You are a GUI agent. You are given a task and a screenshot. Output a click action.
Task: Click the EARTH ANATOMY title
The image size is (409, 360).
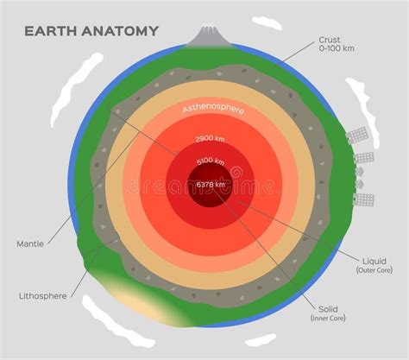click(x=91, y=31)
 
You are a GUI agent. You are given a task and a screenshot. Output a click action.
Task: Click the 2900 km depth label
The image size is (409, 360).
click(x=211, y=139)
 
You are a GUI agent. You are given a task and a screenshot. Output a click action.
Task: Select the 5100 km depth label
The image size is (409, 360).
click(x=211, y=161)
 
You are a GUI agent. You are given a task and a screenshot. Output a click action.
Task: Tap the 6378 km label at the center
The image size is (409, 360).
click(x=211, y=184)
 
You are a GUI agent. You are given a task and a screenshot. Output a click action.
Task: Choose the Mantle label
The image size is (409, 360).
click(x=30, y=244)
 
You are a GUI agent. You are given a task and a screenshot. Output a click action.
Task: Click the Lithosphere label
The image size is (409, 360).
click(x=42, y=295)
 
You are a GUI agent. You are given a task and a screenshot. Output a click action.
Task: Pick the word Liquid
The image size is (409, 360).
click(x=374, y=259)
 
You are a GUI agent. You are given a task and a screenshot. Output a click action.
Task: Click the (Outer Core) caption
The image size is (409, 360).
click(x=374, y=270)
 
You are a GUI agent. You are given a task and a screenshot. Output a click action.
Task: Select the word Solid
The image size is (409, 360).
click(x=328, y=308)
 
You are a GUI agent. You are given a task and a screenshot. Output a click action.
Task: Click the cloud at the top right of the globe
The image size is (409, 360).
click(x=267, y=23)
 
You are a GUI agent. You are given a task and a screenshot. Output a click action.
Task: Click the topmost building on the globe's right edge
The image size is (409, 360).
click(x=357, y=136)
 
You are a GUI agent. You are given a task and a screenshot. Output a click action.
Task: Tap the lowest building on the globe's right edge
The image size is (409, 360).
click(x=363, y=199)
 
